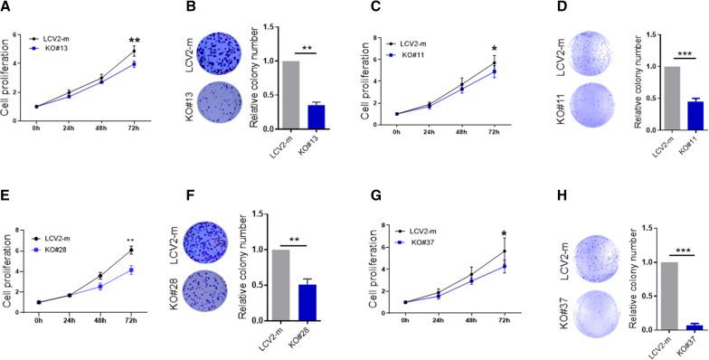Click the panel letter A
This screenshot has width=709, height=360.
point(6,7)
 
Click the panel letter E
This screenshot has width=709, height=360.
point(6,192)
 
